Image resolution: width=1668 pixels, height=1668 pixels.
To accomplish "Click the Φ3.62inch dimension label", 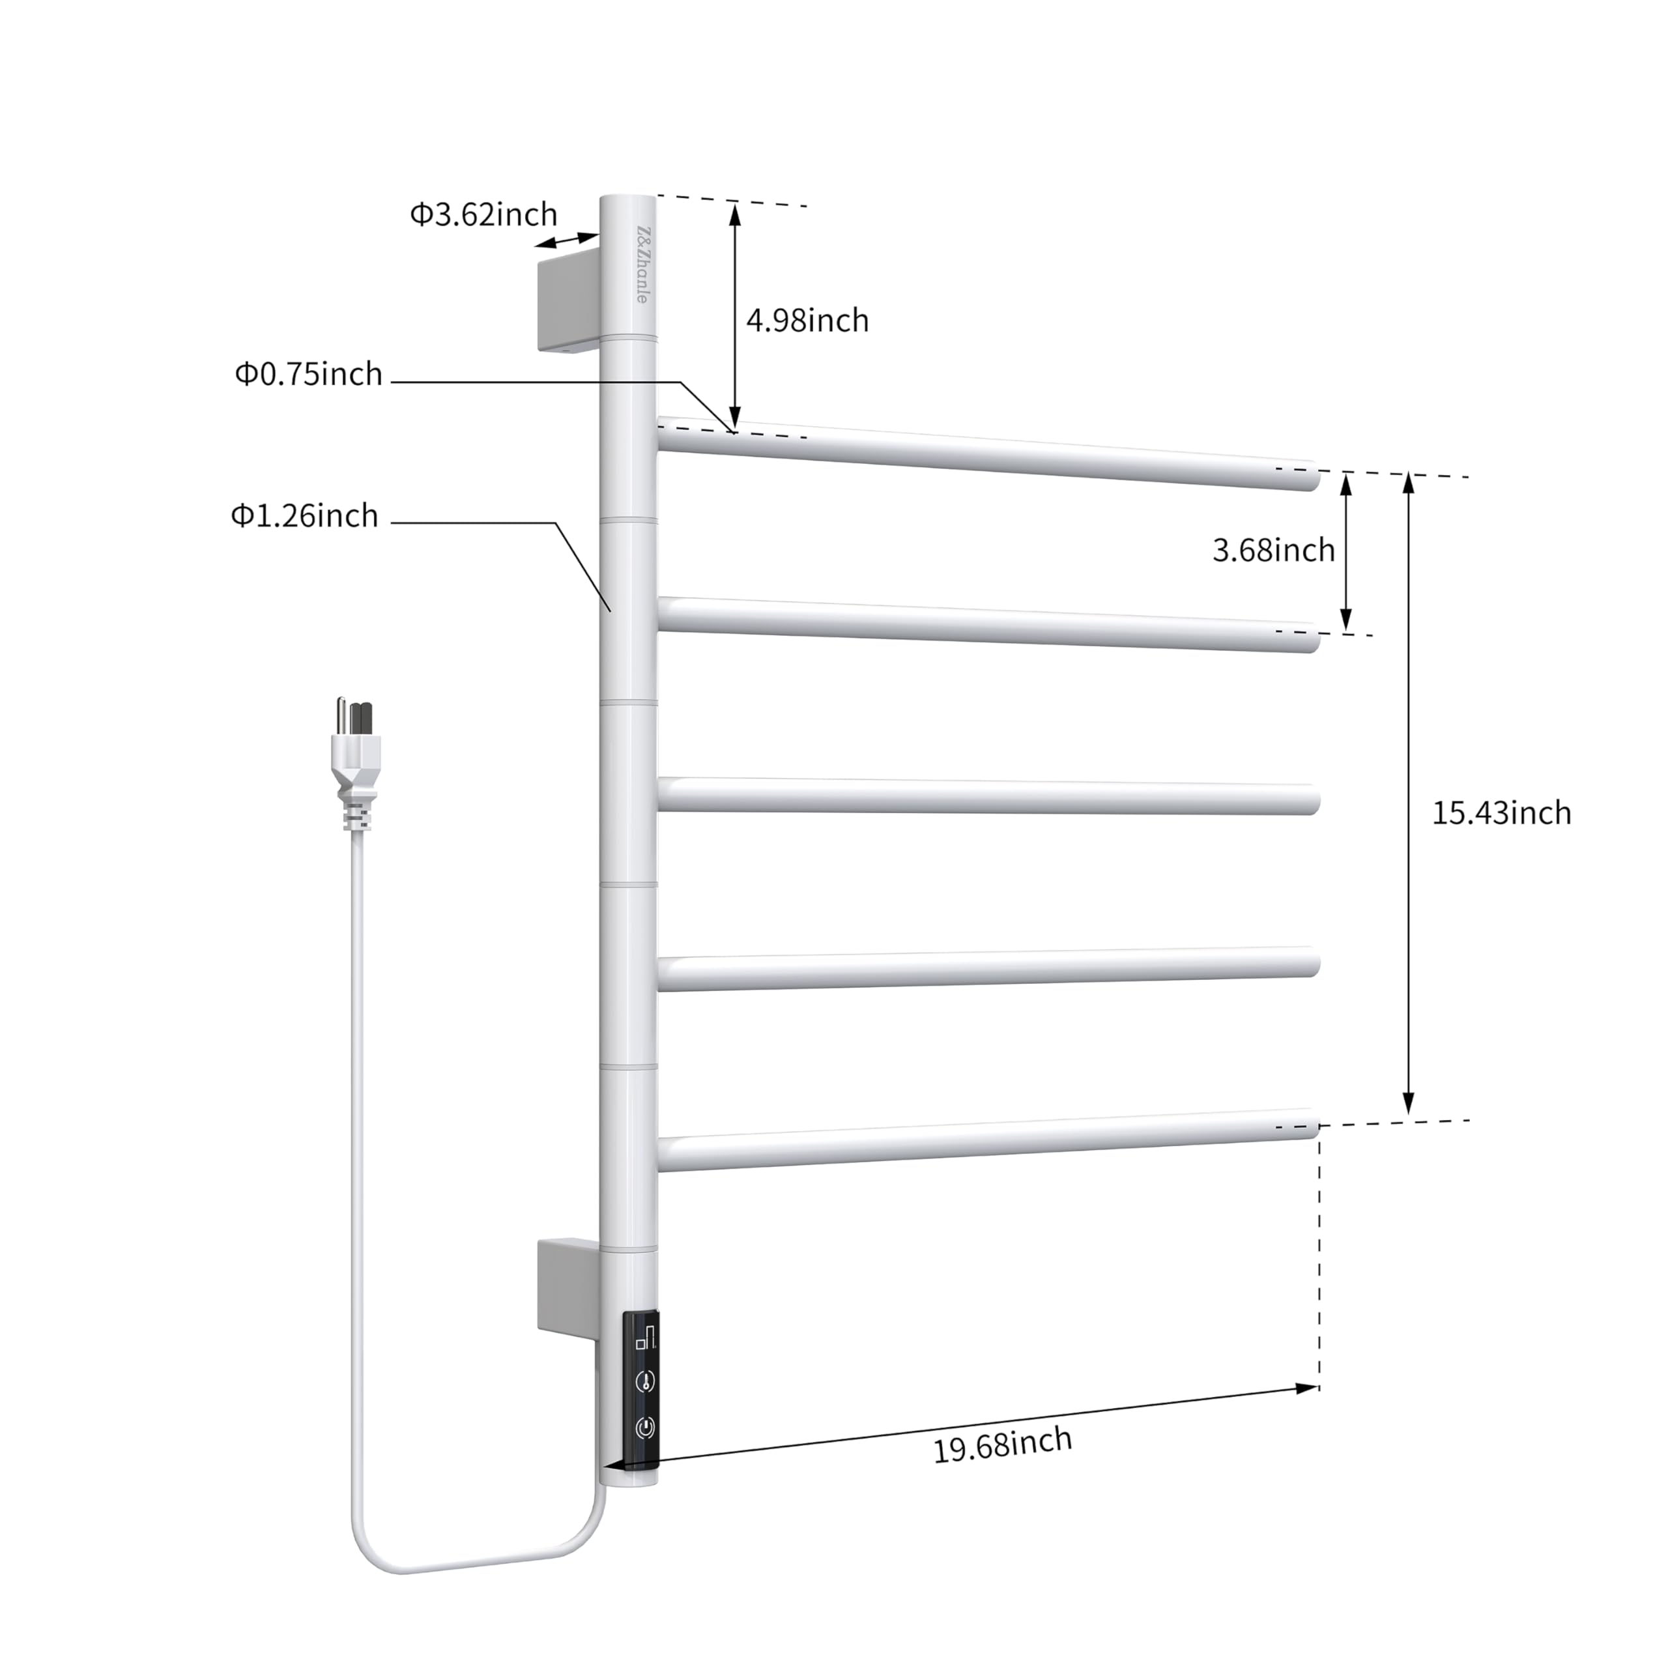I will tap(483, 214).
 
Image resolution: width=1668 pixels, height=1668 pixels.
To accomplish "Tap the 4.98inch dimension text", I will tap(807, 321).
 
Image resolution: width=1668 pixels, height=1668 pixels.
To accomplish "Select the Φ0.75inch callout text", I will tap(308, 374).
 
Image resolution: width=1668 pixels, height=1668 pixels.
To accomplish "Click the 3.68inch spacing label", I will tap(1273, 550).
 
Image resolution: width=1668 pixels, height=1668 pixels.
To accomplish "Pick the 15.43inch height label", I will tap(1501, 812).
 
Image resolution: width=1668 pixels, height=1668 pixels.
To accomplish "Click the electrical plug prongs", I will tap(355, 715).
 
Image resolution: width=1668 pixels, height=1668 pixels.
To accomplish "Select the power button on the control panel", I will tap(645, 1427).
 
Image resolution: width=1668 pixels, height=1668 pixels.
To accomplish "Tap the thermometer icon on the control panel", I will tap(645, 1379).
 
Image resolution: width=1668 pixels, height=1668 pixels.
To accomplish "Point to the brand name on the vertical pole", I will tap(642, 263).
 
